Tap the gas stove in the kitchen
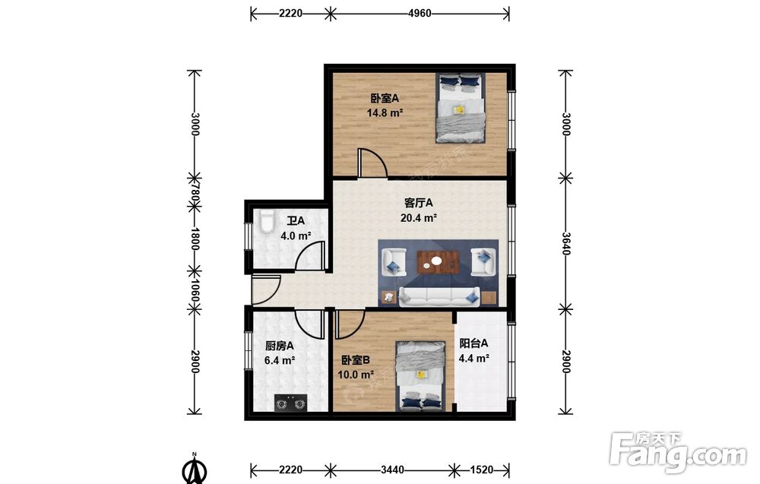(291, 403)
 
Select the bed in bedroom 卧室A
(461, 108)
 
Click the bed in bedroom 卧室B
(420, 376)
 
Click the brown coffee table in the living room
(438, 261)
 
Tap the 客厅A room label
(418, 203)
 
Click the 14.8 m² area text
(385, 113)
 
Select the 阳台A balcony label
(473, 343)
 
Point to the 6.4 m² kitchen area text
(280, 361)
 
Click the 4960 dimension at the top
(420, 14)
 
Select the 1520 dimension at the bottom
(482, 470)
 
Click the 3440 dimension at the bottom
(392, 470)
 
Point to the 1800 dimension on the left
(195, 239)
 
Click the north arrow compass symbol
(195, 469)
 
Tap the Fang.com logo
(678, 452)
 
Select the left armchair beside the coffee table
(394, 262)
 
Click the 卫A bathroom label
(295, 221)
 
